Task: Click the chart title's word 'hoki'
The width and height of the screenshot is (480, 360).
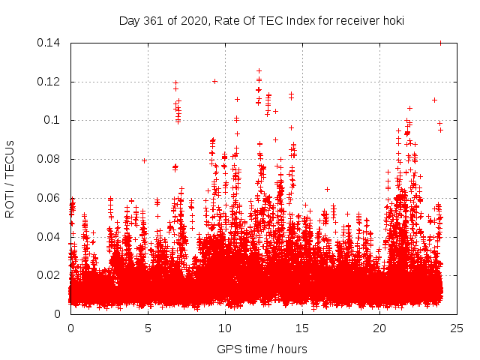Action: point(392,20)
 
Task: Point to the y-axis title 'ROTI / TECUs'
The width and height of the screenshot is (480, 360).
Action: point(10,178)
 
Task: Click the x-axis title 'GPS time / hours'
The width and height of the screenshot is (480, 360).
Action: point(262,349)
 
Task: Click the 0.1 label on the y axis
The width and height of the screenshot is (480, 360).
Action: point(52,120)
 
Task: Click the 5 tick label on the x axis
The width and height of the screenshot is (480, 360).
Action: point(148,328)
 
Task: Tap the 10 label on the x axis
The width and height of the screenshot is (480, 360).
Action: point(225,328)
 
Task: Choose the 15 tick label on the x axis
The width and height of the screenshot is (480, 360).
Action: point(302,328)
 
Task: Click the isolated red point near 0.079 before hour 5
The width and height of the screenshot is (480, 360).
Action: point(144,160)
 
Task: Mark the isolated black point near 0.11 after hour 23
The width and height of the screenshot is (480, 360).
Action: point(434,100)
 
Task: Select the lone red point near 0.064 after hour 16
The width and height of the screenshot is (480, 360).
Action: point(327,189)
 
